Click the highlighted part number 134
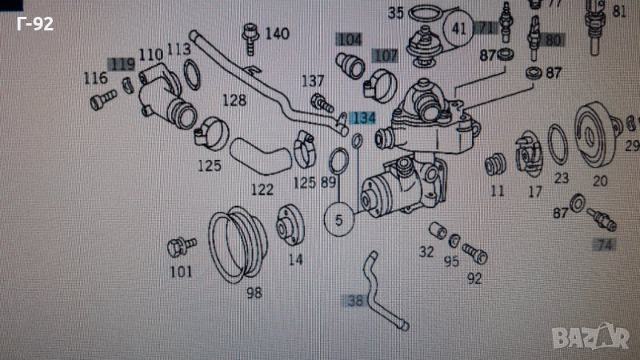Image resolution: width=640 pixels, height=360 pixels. [x=364, y=118]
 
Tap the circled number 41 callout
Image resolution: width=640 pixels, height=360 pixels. [x=458, y=29]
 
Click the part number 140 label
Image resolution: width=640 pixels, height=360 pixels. [x=277, y=34]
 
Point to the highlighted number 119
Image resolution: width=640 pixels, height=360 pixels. [x=122, y=64]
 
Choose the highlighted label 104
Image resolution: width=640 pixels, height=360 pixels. [x=349, y=39]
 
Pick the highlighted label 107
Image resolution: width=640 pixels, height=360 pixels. [x=386, y=56]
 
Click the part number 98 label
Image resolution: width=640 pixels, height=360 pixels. [x=254, y=292]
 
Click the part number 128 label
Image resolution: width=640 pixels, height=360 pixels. [x=234, y=101]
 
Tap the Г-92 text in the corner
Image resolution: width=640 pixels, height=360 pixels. [x=34, y=24]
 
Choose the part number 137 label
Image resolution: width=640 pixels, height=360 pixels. [x=313, y=81]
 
